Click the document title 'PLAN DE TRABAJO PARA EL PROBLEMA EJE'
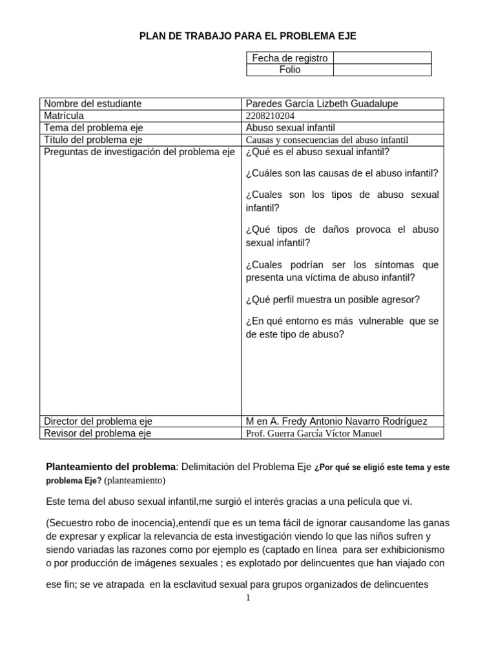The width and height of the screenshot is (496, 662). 248,36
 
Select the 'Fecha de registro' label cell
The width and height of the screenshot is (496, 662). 290,58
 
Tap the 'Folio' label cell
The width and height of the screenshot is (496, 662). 290,69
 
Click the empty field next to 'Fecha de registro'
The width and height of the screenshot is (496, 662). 382,58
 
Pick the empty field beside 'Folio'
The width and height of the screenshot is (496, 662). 382,69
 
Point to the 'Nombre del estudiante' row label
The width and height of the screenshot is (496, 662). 92,103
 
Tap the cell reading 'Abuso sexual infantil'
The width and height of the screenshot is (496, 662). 291,128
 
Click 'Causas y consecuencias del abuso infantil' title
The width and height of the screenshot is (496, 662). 327,140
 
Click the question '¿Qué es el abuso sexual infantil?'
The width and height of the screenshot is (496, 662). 318,153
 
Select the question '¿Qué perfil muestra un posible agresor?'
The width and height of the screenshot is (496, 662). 333,299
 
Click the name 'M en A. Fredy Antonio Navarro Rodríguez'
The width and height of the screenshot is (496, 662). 336,421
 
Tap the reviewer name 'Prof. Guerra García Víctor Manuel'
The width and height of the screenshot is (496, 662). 314,433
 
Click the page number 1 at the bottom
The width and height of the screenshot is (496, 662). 247,597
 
